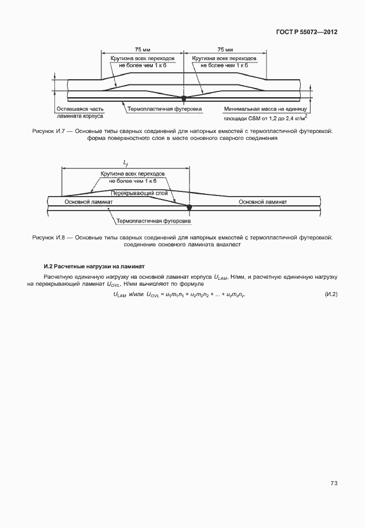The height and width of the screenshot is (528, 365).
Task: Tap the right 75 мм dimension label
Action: pos(225,50)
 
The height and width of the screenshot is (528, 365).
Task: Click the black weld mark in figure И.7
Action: pos(184,97)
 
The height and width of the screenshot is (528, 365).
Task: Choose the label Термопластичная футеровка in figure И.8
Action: pos(154,221)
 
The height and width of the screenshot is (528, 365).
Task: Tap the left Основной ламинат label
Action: pos(87,202)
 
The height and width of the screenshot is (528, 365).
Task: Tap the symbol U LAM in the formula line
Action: pos(119,296)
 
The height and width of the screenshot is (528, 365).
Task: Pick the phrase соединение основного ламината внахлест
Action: pos(182,245)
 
